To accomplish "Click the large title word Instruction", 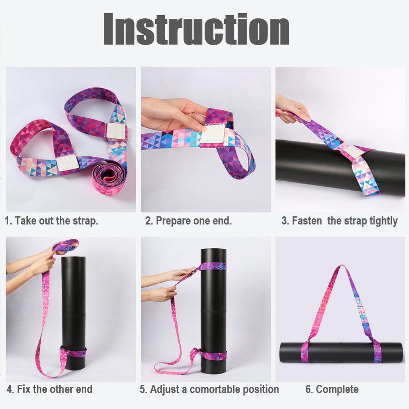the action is tap(196, 29).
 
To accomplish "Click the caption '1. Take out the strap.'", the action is tap(52, 221).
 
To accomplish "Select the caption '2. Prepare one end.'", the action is tap(188, 221).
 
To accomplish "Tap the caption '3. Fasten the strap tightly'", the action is tap(339, 221).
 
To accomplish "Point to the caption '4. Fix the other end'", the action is tap(49, 389).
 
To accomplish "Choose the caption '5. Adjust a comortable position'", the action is tap(209, 389).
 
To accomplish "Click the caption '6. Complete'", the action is tap(332, 389).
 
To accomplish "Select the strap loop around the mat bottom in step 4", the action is tap(73, 353).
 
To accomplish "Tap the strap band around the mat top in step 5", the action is tap(213, 267).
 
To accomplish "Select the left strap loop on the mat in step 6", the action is tap(305, 352).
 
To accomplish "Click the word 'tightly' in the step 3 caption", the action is tap(384, 221).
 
